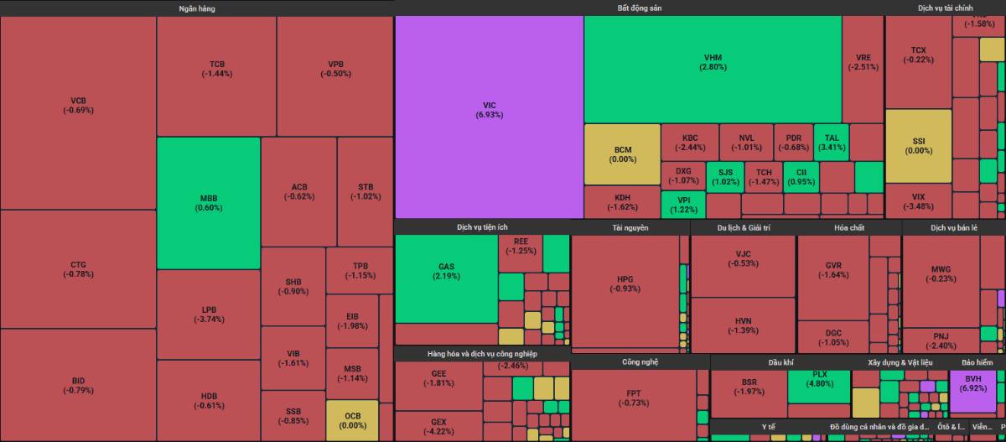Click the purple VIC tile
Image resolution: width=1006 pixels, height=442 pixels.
[x=489, y=110]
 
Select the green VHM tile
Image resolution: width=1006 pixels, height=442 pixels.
[x=713, y=62]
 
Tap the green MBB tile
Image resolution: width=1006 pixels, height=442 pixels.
[x=209, y=203]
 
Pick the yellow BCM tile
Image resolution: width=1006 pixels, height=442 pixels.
[x=622, y=154]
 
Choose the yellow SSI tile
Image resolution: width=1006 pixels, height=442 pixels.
[x=918, y=146]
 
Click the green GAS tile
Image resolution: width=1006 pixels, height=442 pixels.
[x=446, y=272]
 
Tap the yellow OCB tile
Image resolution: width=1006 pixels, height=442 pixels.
[x=352, y=420]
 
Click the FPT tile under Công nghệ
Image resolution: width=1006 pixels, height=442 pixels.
[x=633, y=398]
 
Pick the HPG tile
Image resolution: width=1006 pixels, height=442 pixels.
[x=625, y=283]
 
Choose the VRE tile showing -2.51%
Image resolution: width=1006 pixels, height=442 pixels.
[x=863, y=63]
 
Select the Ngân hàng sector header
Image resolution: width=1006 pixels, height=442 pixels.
[x=196, y=8]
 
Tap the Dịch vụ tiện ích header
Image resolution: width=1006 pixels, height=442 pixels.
[x=482, y=227]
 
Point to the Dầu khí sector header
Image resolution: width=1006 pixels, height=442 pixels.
[x=780, y=362]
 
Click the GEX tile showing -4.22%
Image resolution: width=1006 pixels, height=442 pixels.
[x=438, y=426]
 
